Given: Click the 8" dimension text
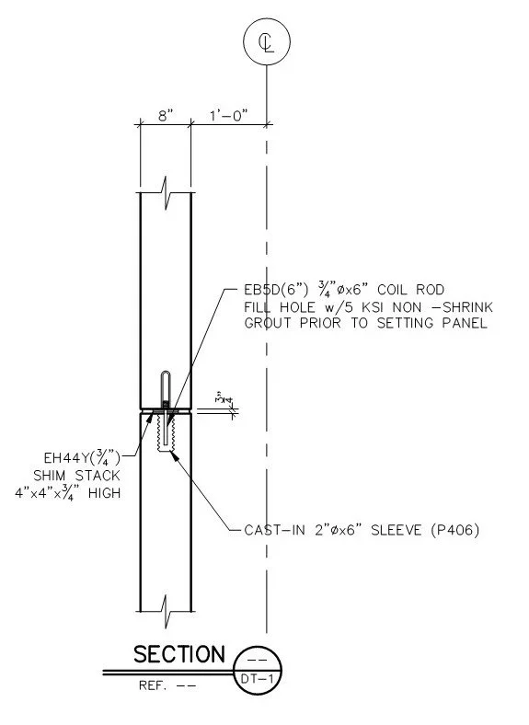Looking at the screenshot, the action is tap(166, 116).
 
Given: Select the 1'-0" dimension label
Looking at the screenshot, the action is tap(229, 116).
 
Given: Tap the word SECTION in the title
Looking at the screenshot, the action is tap(179, 654).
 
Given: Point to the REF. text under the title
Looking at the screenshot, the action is tap(153, 685).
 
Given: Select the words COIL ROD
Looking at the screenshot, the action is tap(410, 290).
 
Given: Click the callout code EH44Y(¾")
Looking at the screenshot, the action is tap(82, 458).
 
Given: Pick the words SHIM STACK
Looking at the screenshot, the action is tap(76, 476).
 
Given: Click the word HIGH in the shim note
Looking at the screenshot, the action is tap(104, 493).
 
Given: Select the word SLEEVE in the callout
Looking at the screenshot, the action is tap(397, 529).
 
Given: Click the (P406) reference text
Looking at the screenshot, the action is tap(455, 529).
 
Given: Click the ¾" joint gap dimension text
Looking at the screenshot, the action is tap(220, 399).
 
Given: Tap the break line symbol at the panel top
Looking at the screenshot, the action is tap(166, 193).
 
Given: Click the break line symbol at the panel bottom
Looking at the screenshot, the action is tap(166, 611).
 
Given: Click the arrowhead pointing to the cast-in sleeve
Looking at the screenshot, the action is tap(174, 455).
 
